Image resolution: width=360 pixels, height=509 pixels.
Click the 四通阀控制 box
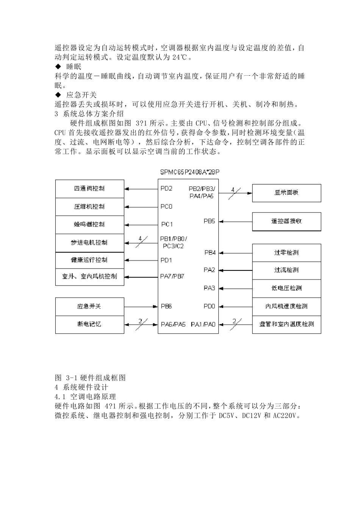point(89,189)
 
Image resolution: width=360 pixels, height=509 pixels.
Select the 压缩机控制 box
point(89,207)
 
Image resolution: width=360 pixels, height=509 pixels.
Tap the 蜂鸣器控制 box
point(89,225)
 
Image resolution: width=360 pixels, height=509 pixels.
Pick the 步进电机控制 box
point(89,243)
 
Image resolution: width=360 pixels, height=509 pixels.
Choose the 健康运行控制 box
point(89,260)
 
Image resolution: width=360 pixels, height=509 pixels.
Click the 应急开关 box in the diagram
point(89,306)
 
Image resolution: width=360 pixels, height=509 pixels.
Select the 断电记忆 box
point(89,324)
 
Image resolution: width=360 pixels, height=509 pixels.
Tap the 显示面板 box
point(286,193)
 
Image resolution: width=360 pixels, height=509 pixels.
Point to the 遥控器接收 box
point(286,221)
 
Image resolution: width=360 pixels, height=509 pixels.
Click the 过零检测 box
point(286,253)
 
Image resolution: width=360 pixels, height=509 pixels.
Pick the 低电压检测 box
point(286,288)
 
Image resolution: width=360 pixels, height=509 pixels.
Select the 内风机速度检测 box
point(286,306)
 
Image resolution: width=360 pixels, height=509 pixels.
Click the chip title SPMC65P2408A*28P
point(190,172)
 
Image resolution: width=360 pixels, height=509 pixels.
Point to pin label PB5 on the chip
point(210,221)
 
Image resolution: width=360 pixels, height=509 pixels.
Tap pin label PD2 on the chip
point(166,189)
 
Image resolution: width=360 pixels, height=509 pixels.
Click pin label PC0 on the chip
point(166,207)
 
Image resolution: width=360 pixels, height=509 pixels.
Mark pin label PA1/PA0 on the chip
point(203,324)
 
